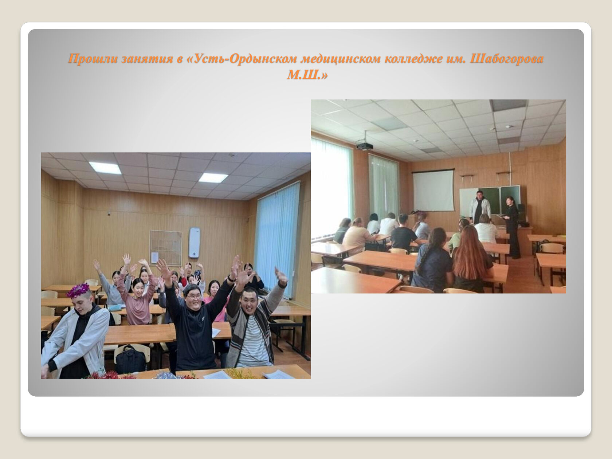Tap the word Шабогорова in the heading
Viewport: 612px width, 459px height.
point(507,59)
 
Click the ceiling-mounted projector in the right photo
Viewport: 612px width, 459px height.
point(365,145)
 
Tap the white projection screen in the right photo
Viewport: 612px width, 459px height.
point(433,190)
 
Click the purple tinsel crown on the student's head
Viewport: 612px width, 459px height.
point(78,290)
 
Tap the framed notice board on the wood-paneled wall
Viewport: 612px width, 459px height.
point(166,248)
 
